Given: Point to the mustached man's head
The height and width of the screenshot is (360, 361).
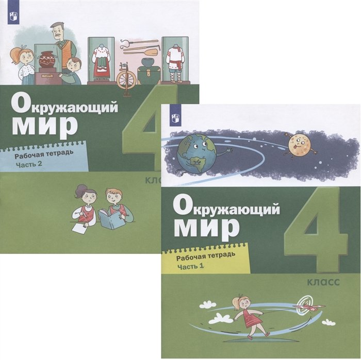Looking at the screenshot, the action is tap(58, 30).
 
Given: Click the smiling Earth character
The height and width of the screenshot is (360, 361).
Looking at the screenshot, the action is tap(197, 153).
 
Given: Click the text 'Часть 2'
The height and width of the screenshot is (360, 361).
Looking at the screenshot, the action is tap(29, 164).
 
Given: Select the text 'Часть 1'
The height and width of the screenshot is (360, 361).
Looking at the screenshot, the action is tap(191, 267).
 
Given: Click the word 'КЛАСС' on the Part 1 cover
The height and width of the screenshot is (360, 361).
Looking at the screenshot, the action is tap(323, 282).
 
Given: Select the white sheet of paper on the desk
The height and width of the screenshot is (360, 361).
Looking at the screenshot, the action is tap(79, 228).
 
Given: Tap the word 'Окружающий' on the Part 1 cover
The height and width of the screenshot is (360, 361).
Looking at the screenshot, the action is tap(226, 207).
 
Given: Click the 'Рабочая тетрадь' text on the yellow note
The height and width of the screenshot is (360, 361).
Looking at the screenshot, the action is tap(206, 255).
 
